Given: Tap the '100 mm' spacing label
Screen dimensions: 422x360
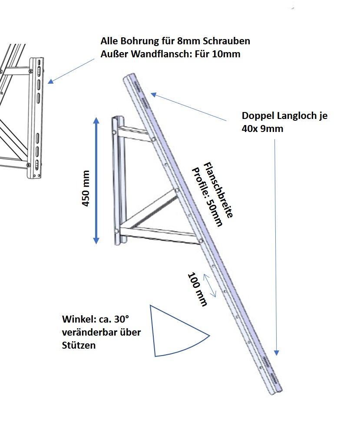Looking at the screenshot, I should [x=197, y=289].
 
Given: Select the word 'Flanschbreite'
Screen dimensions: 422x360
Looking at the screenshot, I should [x=219, y=190].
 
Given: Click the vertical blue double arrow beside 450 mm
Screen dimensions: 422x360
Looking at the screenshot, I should [x=96, y=180].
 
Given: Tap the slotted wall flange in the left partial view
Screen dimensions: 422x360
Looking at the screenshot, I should [x=37, y=117].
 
